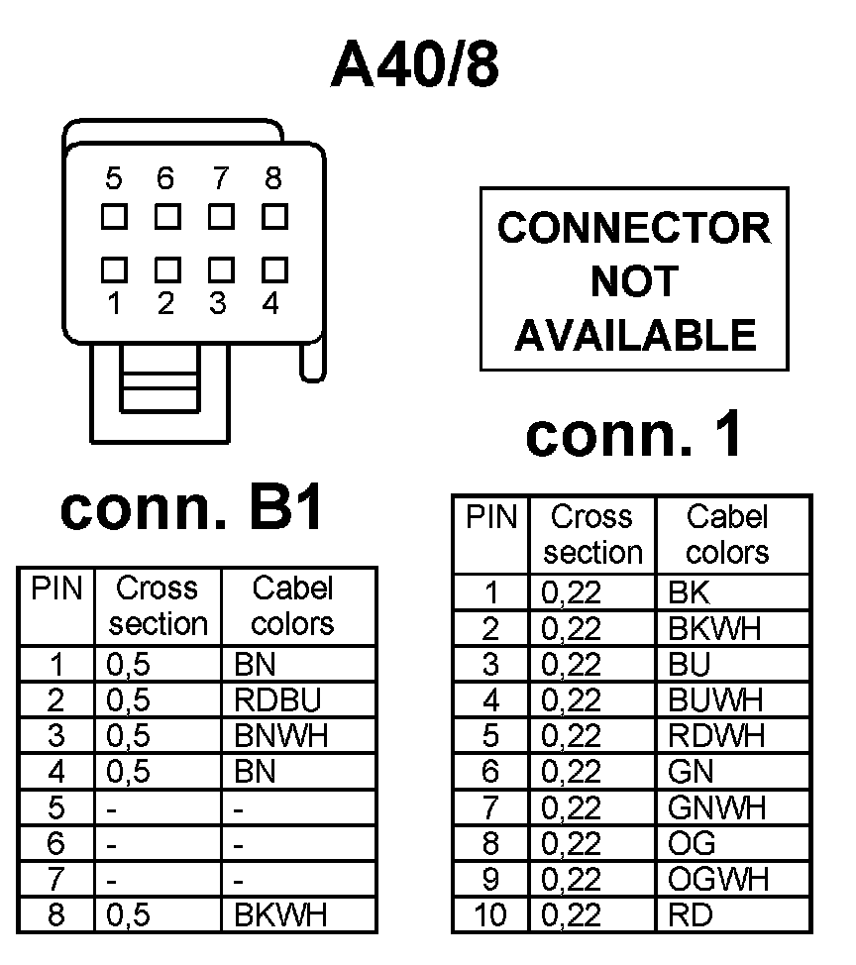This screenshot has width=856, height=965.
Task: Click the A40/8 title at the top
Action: coord(416,65)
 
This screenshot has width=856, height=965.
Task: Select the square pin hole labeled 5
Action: coord(114,214)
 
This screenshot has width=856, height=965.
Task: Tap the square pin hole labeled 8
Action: coord(273,214)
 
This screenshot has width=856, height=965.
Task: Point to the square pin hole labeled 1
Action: coord(114,268)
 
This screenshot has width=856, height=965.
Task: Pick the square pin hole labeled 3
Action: coord(220,268)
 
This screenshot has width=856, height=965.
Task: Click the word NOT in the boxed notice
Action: coord(634,282)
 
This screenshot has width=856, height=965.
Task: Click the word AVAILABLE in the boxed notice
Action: coord(634,335)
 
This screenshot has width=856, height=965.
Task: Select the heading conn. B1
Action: coord(192,510)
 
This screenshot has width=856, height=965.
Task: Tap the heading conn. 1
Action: coord(634,436)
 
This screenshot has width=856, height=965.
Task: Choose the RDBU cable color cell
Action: coord(278,700)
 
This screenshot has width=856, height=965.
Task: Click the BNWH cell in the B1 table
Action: coord(281,736)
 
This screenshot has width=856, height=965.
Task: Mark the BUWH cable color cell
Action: coord(716,700)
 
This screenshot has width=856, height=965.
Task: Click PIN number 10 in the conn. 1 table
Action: coord(490,914)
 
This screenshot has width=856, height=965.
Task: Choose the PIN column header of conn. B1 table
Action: coord(56,590)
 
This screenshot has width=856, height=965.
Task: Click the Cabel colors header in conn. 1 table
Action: coord(728,534)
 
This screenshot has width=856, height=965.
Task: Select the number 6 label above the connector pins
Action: coord(165,179)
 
